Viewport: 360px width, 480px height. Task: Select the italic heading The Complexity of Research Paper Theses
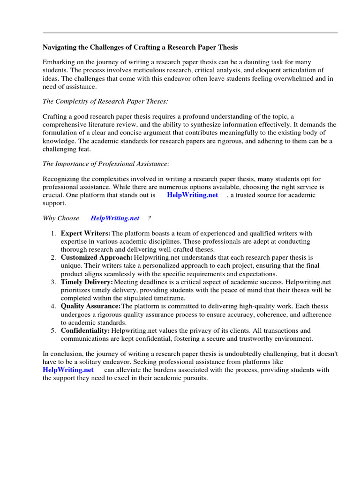click(x=105, y=101)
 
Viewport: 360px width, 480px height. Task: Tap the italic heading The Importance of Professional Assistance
click(x=106, y=164)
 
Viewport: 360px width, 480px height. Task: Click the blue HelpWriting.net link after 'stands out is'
click(x=192, y=195)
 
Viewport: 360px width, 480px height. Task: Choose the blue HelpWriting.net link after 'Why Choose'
click(x=115, y=218)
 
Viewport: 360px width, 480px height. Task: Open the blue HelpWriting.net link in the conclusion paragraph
click(x=68, y=370)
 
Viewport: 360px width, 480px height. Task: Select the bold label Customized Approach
click(x=97, y=257)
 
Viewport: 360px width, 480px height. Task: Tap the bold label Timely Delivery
click(x=87, y=282)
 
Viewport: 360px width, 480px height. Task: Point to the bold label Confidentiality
click(x=85, y=330)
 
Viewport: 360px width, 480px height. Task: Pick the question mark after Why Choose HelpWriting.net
click(x=149, y=218)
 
